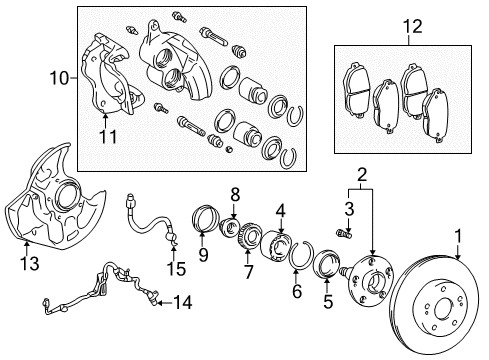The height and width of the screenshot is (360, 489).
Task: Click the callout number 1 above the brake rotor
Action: pyautogui.click(x=458, y=236)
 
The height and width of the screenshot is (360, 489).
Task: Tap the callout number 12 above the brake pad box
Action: pyautogui.click(x=413, y=26)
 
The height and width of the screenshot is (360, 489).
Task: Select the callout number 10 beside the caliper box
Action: pyautogui.click(x=59, y=79)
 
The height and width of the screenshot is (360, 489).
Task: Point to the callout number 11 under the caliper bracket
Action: pyautogui.click(x=108, y=137)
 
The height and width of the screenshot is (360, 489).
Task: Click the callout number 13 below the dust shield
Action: pyautogui.click(x=29, y=263)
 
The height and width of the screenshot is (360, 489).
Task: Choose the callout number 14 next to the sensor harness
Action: pyautogui.click(x=183, y=303)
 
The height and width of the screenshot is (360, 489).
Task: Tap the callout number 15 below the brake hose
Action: pyautogui.click(x=176, y=269)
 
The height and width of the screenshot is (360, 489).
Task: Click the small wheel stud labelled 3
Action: pyautogui.click(x=344, y=232)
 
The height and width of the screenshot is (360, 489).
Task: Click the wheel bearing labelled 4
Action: pyautogui.click(x=276, y=245)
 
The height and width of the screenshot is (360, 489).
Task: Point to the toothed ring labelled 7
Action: pyautogui.click(x=248, y=236)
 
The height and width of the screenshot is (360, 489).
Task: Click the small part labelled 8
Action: pyautogui.click(x=229, y=227)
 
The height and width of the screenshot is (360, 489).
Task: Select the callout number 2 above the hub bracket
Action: pyautogui.click(x=362, y=174)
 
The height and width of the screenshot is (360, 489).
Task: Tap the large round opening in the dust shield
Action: pyautogui.click(x=68, y=196)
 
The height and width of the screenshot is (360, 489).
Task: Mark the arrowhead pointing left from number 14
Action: pyautogui.click(x=160, y=303)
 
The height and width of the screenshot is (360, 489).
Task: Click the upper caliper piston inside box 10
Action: pyautogui.click(x=253, y=91)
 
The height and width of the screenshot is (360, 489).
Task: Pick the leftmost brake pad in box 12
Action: pyautogui.click(x=356, y=90)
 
